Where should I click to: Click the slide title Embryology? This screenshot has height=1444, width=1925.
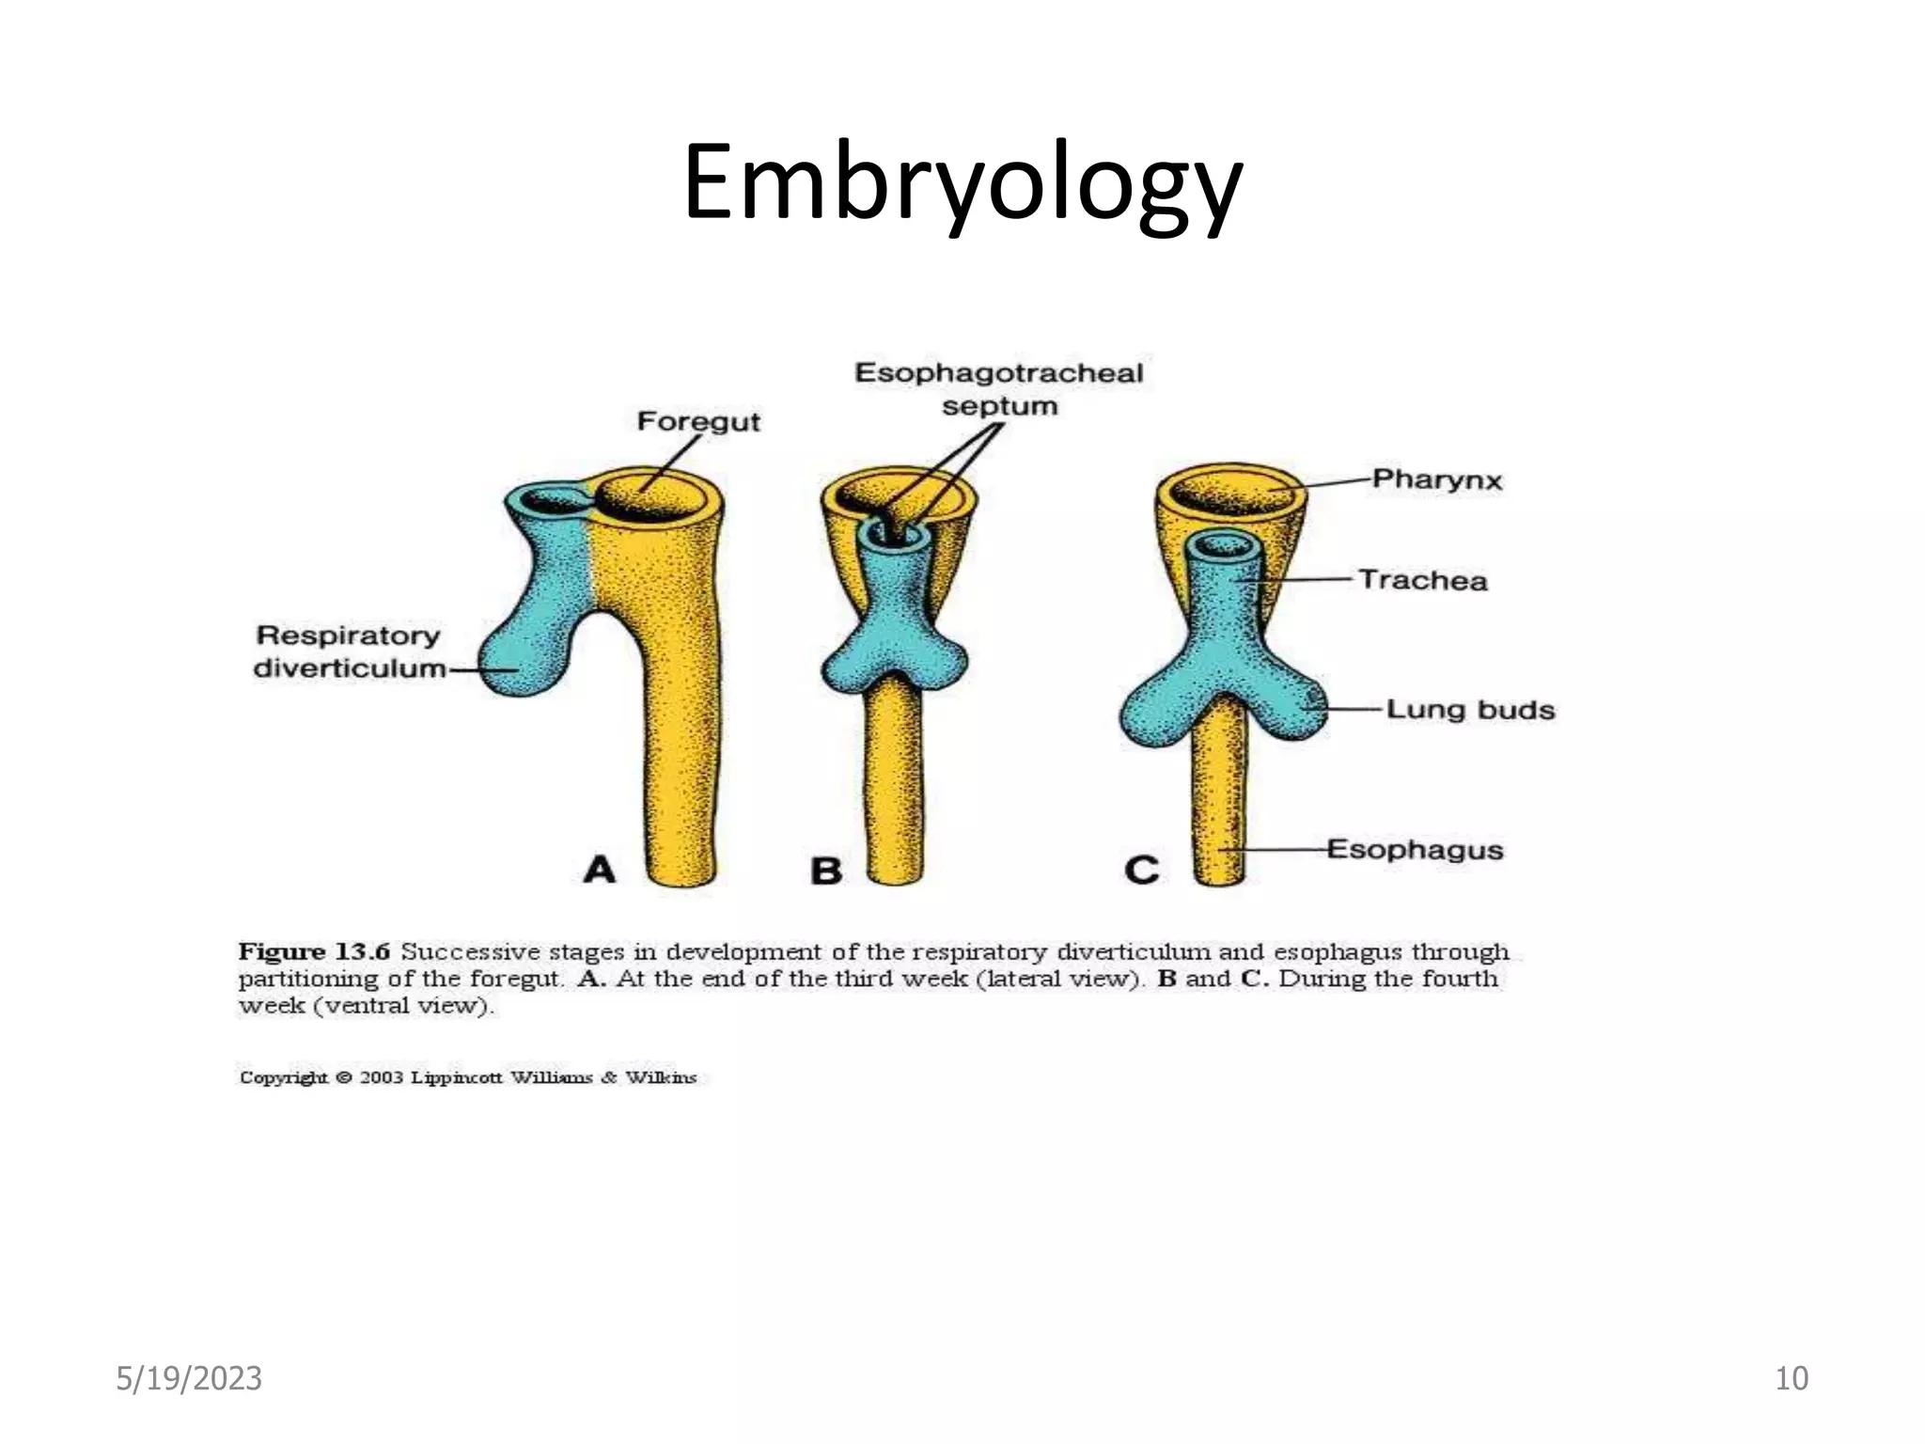(962, 183)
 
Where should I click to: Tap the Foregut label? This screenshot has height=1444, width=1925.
(697, 421)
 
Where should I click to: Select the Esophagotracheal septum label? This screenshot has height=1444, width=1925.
(998, 389)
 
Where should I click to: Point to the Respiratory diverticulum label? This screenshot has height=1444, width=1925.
(349, 651)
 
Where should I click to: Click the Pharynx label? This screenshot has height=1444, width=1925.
(1436, 479)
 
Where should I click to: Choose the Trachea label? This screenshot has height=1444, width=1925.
(1422, 580)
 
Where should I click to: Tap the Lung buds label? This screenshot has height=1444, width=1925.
(1470, 710)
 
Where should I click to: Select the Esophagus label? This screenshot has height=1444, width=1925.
(1415, 850)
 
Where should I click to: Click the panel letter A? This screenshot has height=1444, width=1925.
(599, 870)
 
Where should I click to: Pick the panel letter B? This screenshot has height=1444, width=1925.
(826, 871)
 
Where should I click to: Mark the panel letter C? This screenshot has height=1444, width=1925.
(1141, 870)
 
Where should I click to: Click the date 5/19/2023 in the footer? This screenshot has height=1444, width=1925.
(189, 1378)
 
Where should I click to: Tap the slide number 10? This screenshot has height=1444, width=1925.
(1792, 1378)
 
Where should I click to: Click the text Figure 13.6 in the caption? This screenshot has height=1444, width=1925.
(313, 951)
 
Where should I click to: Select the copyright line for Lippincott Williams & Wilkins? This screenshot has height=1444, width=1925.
(468, 1077)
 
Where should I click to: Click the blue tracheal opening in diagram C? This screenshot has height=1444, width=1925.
(1222, 545)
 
